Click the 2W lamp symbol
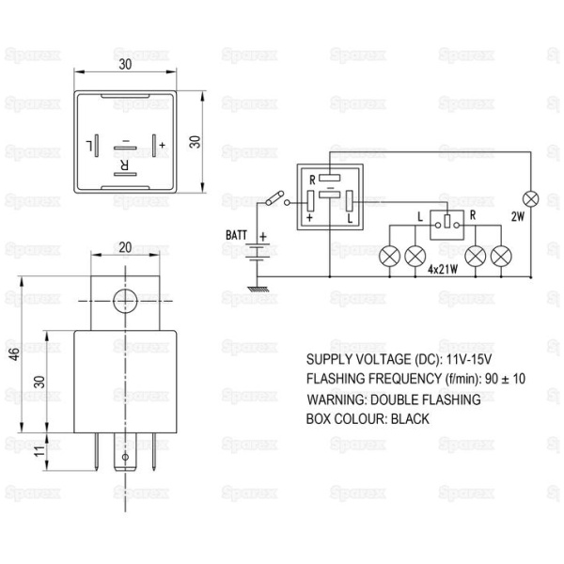click(530, 199)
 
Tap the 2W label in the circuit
click(518, 216)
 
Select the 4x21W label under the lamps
click(443, 269)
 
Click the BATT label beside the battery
click(236, 235)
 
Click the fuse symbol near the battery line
click(274, 198)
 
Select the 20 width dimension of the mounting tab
click(125, 247)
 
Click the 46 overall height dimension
click(14, 354)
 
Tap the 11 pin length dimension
click(39, 451)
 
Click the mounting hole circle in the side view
click(125, 301)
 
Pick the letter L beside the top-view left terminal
click(89, 146)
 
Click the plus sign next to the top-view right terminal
click(163, 145)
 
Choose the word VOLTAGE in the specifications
click(384, 359)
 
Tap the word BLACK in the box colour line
click(410, 419)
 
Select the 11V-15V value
click(469, 359)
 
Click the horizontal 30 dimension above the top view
click(125, 64)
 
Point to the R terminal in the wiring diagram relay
click(330, 178)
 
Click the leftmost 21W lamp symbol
click(389, 256)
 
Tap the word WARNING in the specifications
click(337, 399)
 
